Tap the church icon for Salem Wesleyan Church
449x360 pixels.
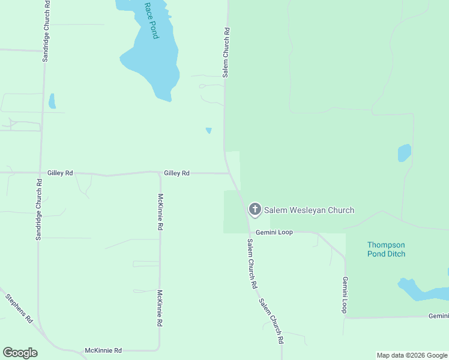[255, 209]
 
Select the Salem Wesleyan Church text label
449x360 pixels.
[309, 210]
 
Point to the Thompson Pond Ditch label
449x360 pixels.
[386, 249]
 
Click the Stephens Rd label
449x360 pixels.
[19, 308]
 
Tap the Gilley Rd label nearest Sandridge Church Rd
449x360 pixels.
[61, 173]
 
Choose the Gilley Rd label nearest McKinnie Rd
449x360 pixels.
[176, 173]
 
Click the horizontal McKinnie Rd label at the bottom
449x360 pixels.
[103, 350]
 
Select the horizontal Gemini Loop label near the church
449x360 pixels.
[274, 232]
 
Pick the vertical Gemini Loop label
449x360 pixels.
[345, 295]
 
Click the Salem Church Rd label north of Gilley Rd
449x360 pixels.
[226, 52]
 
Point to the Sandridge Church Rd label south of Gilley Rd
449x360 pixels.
[38, 210]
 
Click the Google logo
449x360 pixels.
[20, 353]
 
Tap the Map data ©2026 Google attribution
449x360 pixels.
[412, 355]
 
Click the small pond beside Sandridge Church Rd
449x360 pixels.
[52, 101]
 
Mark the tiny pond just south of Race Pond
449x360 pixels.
[209, 130]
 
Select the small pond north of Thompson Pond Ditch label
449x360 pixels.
[405, 153]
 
